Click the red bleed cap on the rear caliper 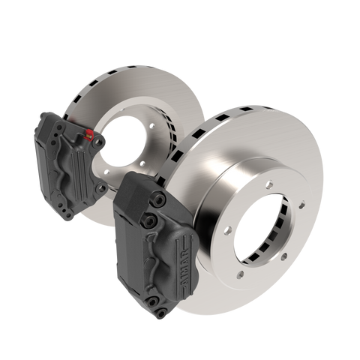pos(92,136)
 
